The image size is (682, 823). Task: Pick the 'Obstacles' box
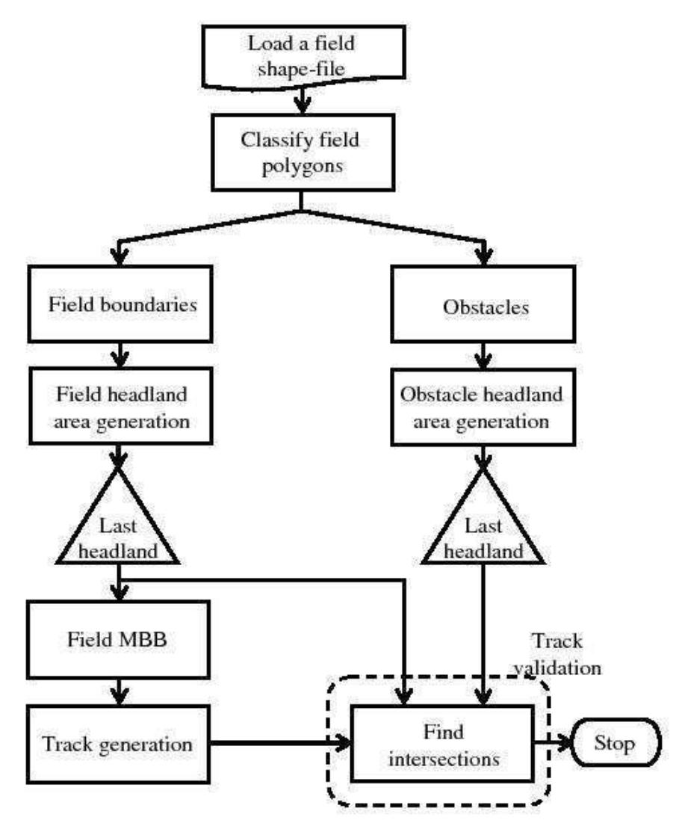tap(485, 306)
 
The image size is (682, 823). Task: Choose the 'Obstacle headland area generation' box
tap(485, 408)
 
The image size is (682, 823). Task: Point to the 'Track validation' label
tap(557, 654)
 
